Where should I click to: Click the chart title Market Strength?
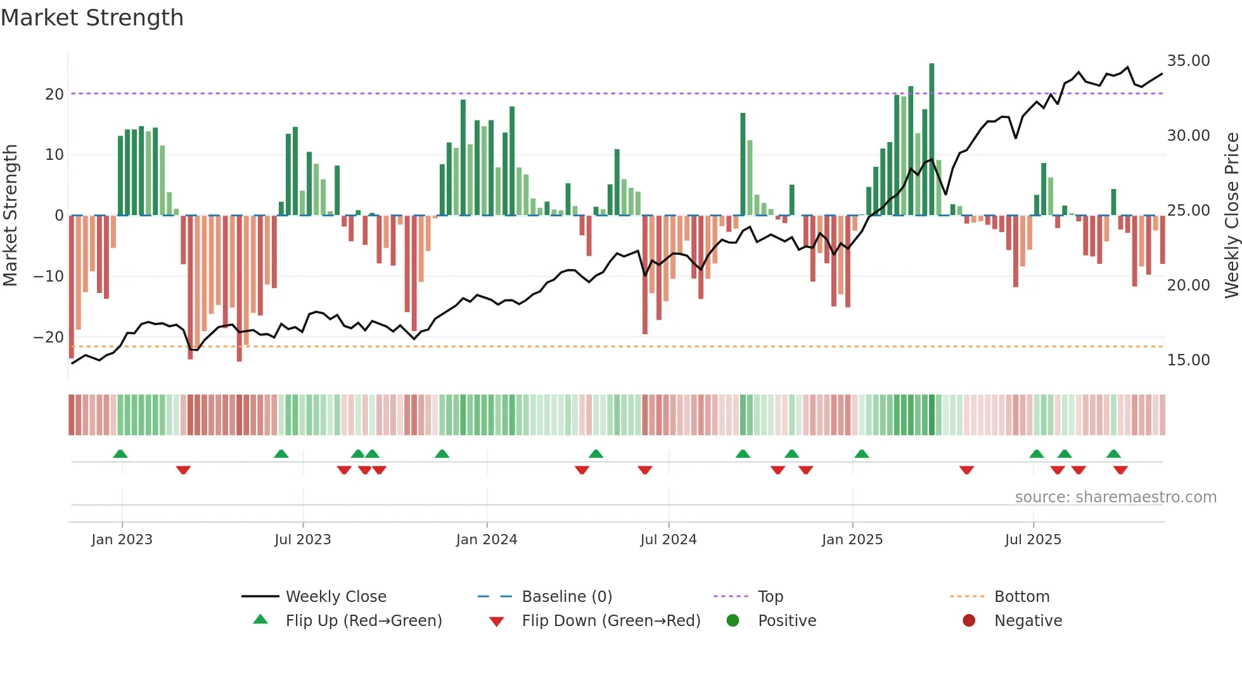pos(93,18)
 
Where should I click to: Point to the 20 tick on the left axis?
pos(54,95)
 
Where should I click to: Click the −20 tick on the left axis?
pos(49,337)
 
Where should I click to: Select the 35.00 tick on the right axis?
pos(1188,61)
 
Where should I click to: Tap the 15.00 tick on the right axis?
pos(1188,360)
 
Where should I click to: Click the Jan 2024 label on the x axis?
pos(486,540)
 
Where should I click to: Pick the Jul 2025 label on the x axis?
pos(1032,540)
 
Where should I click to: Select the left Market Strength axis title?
pos(11,216)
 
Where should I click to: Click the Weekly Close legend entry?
pos(335,597)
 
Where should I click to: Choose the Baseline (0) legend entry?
pos(567,597)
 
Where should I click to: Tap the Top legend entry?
pos(770,597)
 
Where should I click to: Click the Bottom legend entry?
pos(1021,597)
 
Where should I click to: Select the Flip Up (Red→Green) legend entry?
pos(363,621)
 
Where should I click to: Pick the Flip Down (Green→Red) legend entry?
pos(611,621)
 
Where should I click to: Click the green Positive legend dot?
pos(733,621)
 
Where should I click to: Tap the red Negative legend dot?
pos(969,621)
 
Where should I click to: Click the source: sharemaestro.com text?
pos(1115,497)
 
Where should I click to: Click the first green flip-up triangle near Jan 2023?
pos(120,454)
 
